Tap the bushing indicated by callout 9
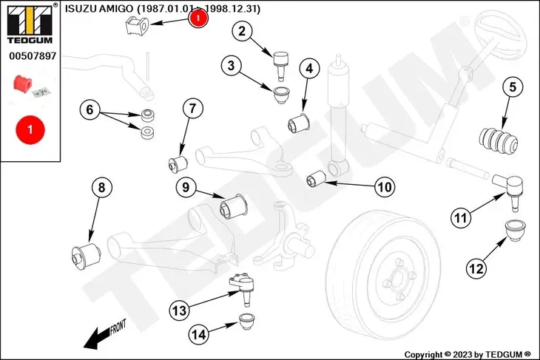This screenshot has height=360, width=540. (236, 204)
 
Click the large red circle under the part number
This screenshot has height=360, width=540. (30, 129)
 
